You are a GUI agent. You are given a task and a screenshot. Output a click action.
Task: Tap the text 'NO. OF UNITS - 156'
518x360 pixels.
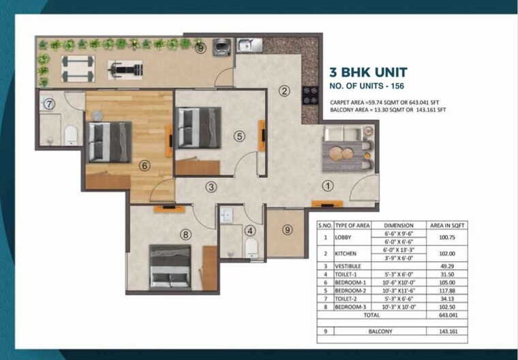coord(369,87)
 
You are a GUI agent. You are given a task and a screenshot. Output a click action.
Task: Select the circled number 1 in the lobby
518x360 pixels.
coord(327,185)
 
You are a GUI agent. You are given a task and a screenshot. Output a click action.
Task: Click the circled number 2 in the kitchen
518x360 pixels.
coord(285,90)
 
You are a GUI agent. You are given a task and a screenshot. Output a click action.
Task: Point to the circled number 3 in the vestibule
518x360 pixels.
coord(212,186)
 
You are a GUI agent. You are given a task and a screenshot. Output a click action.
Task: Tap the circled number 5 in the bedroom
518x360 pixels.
coord(239,136)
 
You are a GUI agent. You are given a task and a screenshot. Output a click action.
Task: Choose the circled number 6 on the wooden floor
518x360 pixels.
coord(144,164)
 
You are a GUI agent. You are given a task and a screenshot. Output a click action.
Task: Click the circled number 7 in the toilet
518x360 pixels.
coord(49,104)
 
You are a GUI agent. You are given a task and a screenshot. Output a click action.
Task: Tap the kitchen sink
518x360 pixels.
coord(248,46)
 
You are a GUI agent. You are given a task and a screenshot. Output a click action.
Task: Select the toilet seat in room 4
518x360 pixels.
coord(251,247)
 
